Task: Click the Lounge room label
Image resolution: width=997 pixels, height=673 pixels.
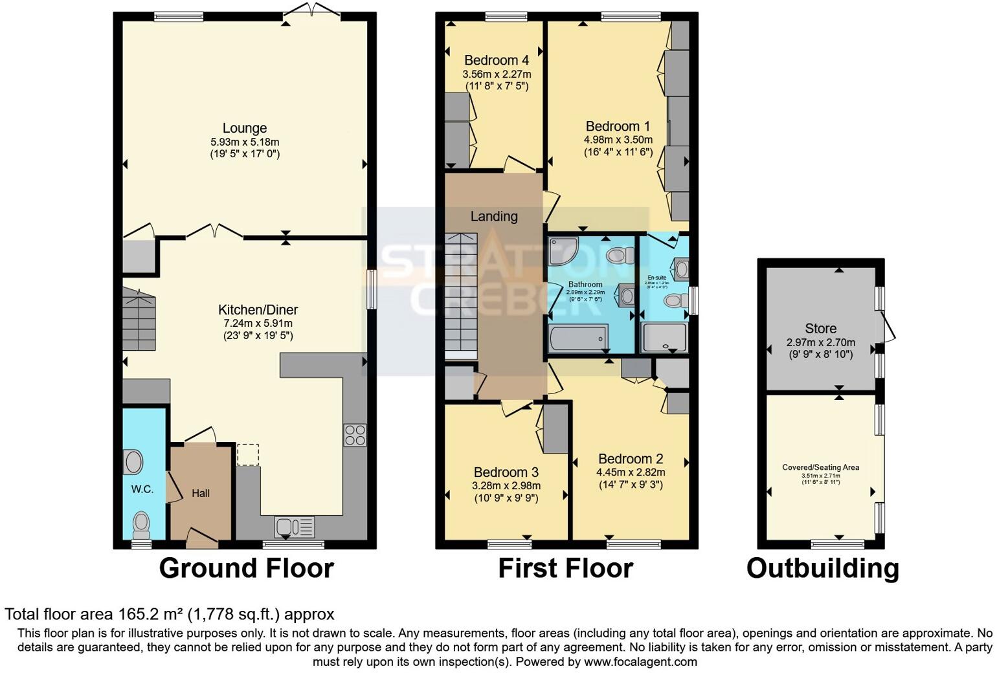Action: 244,128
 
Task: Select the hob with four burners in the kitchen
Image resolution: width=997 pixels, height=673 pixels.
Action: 355,435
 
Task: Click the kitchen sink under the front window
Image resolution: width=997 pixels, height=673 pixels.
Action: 294,527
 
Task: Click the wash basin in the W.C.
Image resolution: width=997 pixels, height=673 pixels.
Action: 133,463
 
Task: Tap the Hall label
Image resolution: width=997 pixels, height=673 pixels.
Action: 201,493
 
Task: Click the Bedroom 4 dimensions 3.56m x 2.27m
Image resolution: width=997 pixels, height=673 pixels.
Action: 497,74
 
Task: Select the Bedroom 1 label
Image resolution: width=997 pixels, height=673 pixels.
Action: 618,126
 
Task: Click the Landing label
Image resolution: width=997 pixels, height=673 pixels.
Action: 494,216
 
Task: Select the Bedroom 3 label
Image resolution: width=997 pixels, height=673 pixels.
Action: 506,472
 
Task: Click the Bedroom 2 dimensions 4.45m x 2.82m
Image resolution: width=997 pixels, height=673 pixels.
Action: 630,472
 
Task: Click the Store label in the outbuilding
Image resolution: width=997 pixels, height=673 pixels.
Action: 820,329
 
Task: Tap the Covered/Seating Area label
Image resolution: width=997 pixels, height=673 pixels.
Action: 820,467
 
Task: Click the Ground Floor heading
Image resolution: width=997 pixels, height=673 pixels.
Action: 246,568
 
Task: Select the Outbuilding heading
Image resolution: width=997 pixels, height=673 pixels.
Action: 822,568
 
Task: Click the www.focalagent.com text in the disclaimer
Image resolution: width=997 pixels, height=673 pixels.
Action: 640,662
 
